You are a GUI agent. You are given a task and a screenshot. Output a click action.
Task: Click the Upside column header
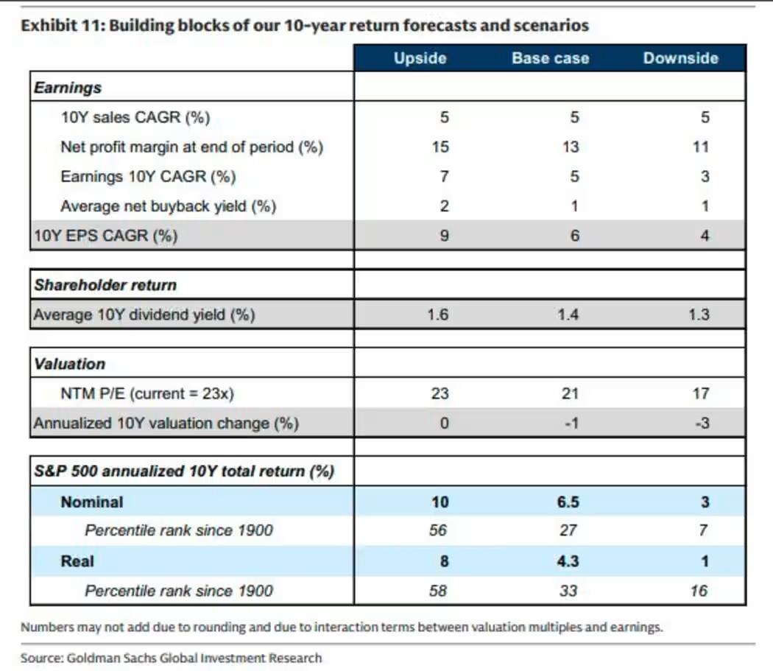click(x=420, y=58)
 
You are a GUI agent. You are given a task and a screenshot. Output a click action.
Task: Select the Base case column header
click(x=551, y=58)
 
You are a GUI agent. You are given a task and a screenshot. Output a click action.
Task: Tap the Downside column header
click(x=680, y=58)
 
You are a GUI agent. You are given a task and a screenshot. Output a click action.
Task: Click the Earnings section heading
click(x=67, y=88)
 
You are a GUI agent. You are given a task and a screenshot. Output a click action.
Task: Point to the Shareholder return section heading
click(x=105, y=285)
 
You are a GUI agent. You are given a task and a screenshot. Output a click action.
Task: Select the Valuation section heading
click(x=69, y=364)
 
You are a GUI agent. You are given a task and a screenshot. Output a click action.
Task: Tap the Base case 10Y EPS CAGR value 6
click(x=574, y=236)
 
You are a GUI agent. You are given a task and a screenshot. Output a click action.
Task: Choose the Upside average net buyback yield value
click(x=444, y=206)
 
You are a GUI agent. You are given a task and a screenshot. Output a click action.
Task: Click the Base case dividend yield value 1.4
click(x=568, y=315)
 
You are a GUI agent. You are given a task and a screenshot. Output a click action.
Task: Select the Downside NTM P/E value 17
click(x=700, y=394)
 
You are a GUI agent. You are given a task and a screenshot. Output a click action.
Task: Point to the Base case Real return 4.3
click(x=568, y=561)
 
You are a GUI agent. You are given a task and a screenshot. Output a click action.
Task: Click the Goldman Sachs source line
click(x=171, y=658)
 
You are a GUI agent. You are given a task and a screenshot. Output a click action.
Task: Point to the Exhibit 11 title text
click(x=305, y=26)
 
